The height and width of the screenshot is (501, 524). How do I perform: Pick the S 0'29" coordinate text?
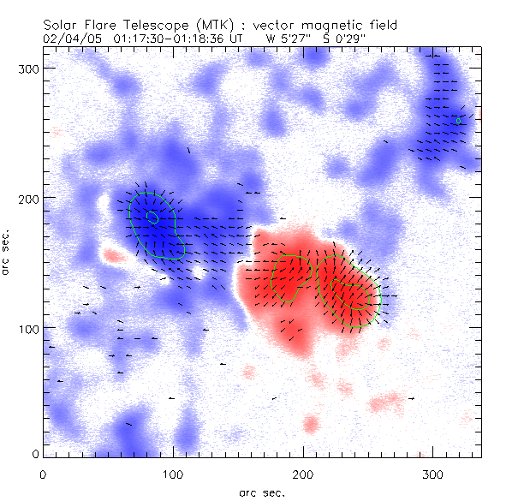click(x=348, y=39)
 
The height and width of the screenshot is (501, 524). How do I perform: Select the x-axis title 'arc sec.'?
click(x=262, y=492)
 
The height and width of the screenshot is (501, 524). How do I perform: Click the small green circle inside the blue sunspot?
click(x=153, y=218)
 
